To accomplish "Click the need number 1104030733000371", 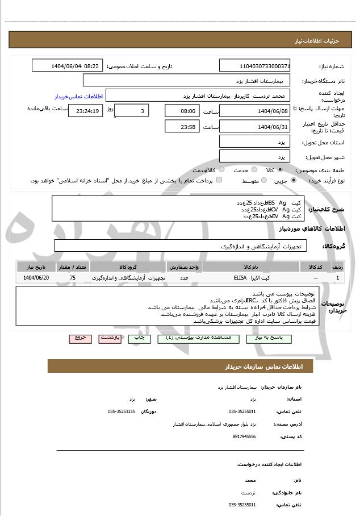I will [254, 66].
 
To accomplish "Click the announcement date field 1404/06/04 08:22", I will [68, 66].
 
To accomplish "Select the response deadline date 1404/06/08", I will [254, 111].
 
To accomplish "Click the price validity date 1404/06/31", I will [254, 126].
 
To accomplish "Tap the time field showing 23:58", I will [182, 126].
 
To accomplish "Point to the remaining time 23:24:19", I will [85, 111].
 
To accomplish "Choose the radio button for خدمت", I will [253, 170].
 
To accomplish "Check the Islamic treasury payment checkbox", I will [219, 180].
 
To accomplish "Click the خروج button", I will [80, 338].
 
